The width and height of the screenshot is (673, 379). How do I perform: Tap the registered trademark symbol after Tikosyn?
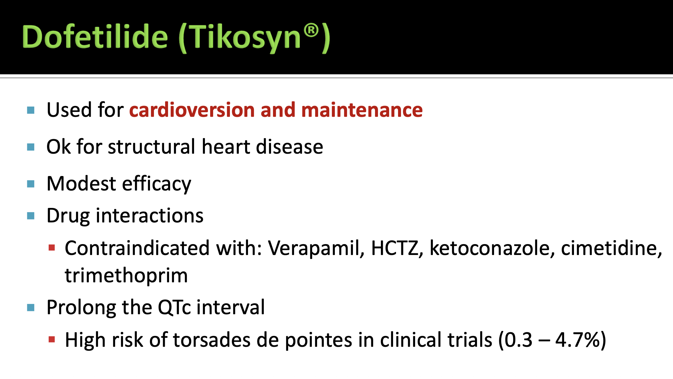(x=311, y=31)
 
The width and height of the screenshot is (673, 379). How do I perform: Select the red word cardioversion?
(x=192, y=110)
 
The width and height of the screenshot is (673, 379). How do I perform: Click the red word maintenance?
(x=362, y=110)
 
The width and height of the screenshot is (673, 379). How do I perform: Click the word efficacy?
(x=157, y=184)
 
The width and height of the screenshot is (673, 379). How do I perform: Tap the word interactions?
(x=150, y=215)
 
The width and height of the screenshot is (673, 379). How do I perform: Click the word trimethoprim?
(x=126, y=276)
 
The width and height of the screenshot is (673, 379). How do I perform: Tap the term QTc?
(x=174, y=307)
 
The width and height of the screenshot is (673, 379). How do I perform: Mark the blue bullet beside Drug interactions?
(x=31, y=216)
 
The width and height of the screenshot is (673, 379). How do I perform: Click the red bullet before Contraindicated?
(x=52, y=248)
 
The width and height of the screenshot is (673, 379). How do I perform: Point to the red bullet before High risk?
(x=52, y=340)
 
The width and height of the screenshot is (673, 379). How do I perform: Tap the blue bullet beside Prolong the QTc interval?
(x=31, y=308)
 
